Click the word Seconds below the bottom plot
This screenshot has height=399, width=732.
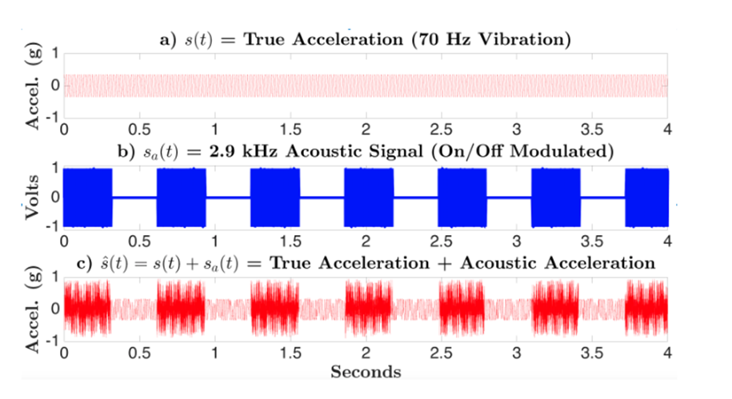click(366, 372)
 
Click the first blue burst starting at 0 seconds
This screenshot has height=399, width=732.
click(88, 197)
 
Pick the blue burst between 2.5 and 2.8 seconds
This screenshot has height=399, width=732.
click(462, 197)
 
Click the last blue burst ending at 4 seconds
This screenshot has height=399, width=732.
click(647, 197)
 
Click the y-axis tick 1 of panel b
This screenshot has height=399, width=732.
click(55, 168)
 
